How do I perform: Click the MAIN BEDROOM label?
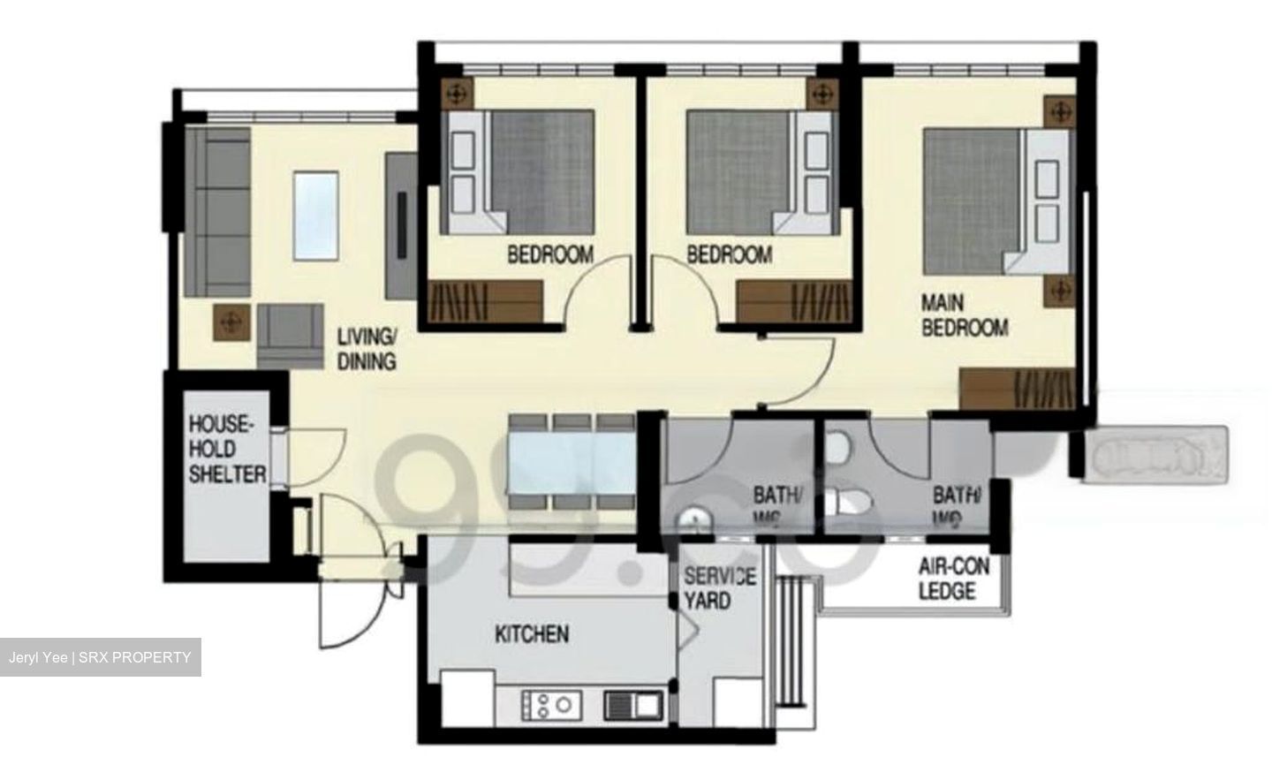point(964,315)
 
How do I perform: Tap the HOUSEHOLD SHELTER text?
point(226,449)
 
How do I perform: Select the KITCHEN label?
point(531,633)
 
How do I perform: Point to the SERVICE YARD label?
point(719,588)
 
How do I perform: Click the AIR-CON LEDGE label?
point(953,579)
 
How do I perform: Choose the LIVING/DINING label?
point(367,349)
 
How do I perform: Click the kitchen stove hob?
point(549,704)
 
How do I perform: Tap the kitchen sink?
point(632,704)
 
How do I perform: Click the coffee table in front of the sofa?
point(315,216)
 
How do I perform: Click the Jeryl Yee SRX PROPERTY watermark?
point(100,657)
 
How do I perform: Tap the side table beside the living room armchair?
point(231,322)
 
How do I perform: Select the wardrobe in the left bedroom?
point(484,303)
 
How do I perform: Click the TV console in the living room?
point(401,226)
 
